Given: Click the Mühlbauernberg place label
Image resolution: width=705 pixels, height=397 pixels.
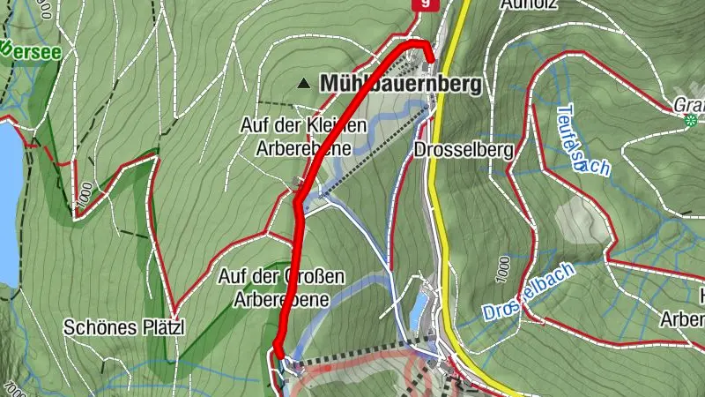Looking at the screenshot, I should [x=402, y=84].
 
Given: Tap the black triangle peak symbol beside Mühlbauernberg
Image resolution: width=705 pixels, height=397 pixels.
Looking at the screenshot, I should [x=304, y=84].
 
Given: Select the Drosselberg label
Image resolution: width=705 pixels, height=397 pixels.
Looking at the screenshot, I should [x=463, y=150].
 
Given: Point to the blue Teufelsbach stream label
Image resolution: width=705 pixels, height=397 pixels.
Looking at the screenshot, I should [x=582, y=141].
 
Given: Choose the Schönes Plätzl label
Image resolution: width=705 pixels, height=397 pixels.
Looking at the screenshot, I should [x=125, y=327].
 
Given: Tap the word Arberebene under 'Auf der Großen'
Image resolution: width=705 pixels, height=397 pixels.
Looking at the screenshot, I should [x=281, y=299].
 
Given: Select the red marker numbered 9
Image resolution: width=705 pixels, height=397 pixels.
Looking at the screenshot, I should [x=426, y=4].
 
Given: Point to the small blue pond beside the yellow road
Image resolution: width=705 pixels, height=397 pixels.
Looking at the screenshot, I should [x=418, y=309].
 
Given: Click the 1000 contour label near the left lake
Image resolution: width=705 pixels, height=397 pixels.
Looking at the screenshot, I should [x=82, y=198].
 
